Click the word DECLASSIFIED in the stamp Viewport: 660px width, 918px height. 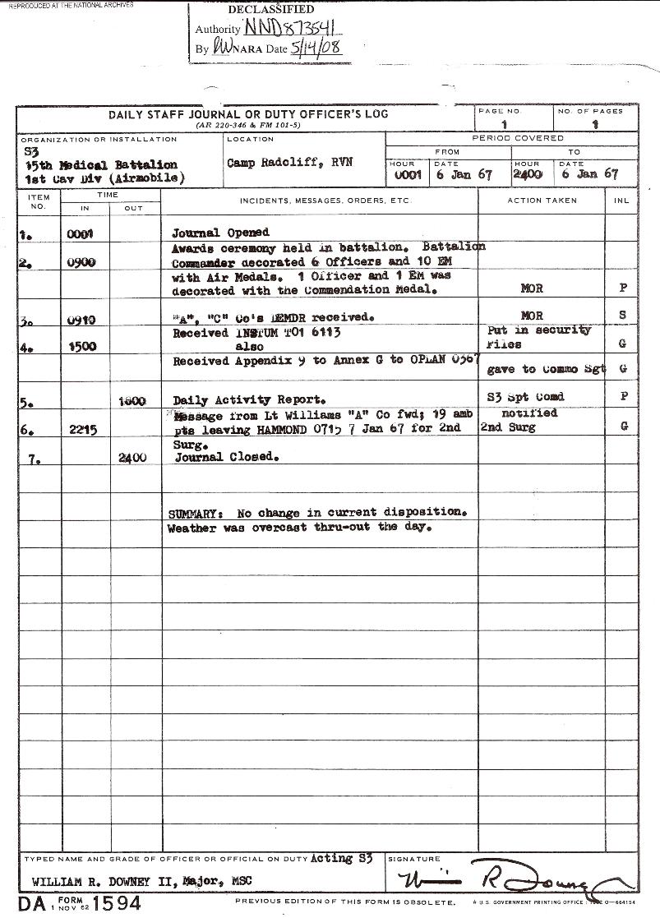click(270, 10)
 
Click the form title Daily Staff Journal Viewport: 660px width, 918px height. click(247, 114)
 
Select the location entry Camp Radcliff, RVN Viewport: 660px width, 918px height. click(289, 163)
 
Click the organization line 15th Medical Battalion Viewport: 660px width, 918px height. click(101, 165)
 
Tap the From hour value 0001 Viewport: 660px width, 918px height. click(407, 174)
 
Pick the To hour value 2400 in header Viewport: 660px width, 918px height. click(528, 174)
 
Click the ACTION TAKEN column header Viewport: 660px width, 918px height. click(542, 201)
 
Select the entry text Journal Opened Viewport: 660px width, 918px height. click(220, 233)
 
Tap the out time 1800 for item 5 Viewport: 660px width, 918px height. click(132, 400)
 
